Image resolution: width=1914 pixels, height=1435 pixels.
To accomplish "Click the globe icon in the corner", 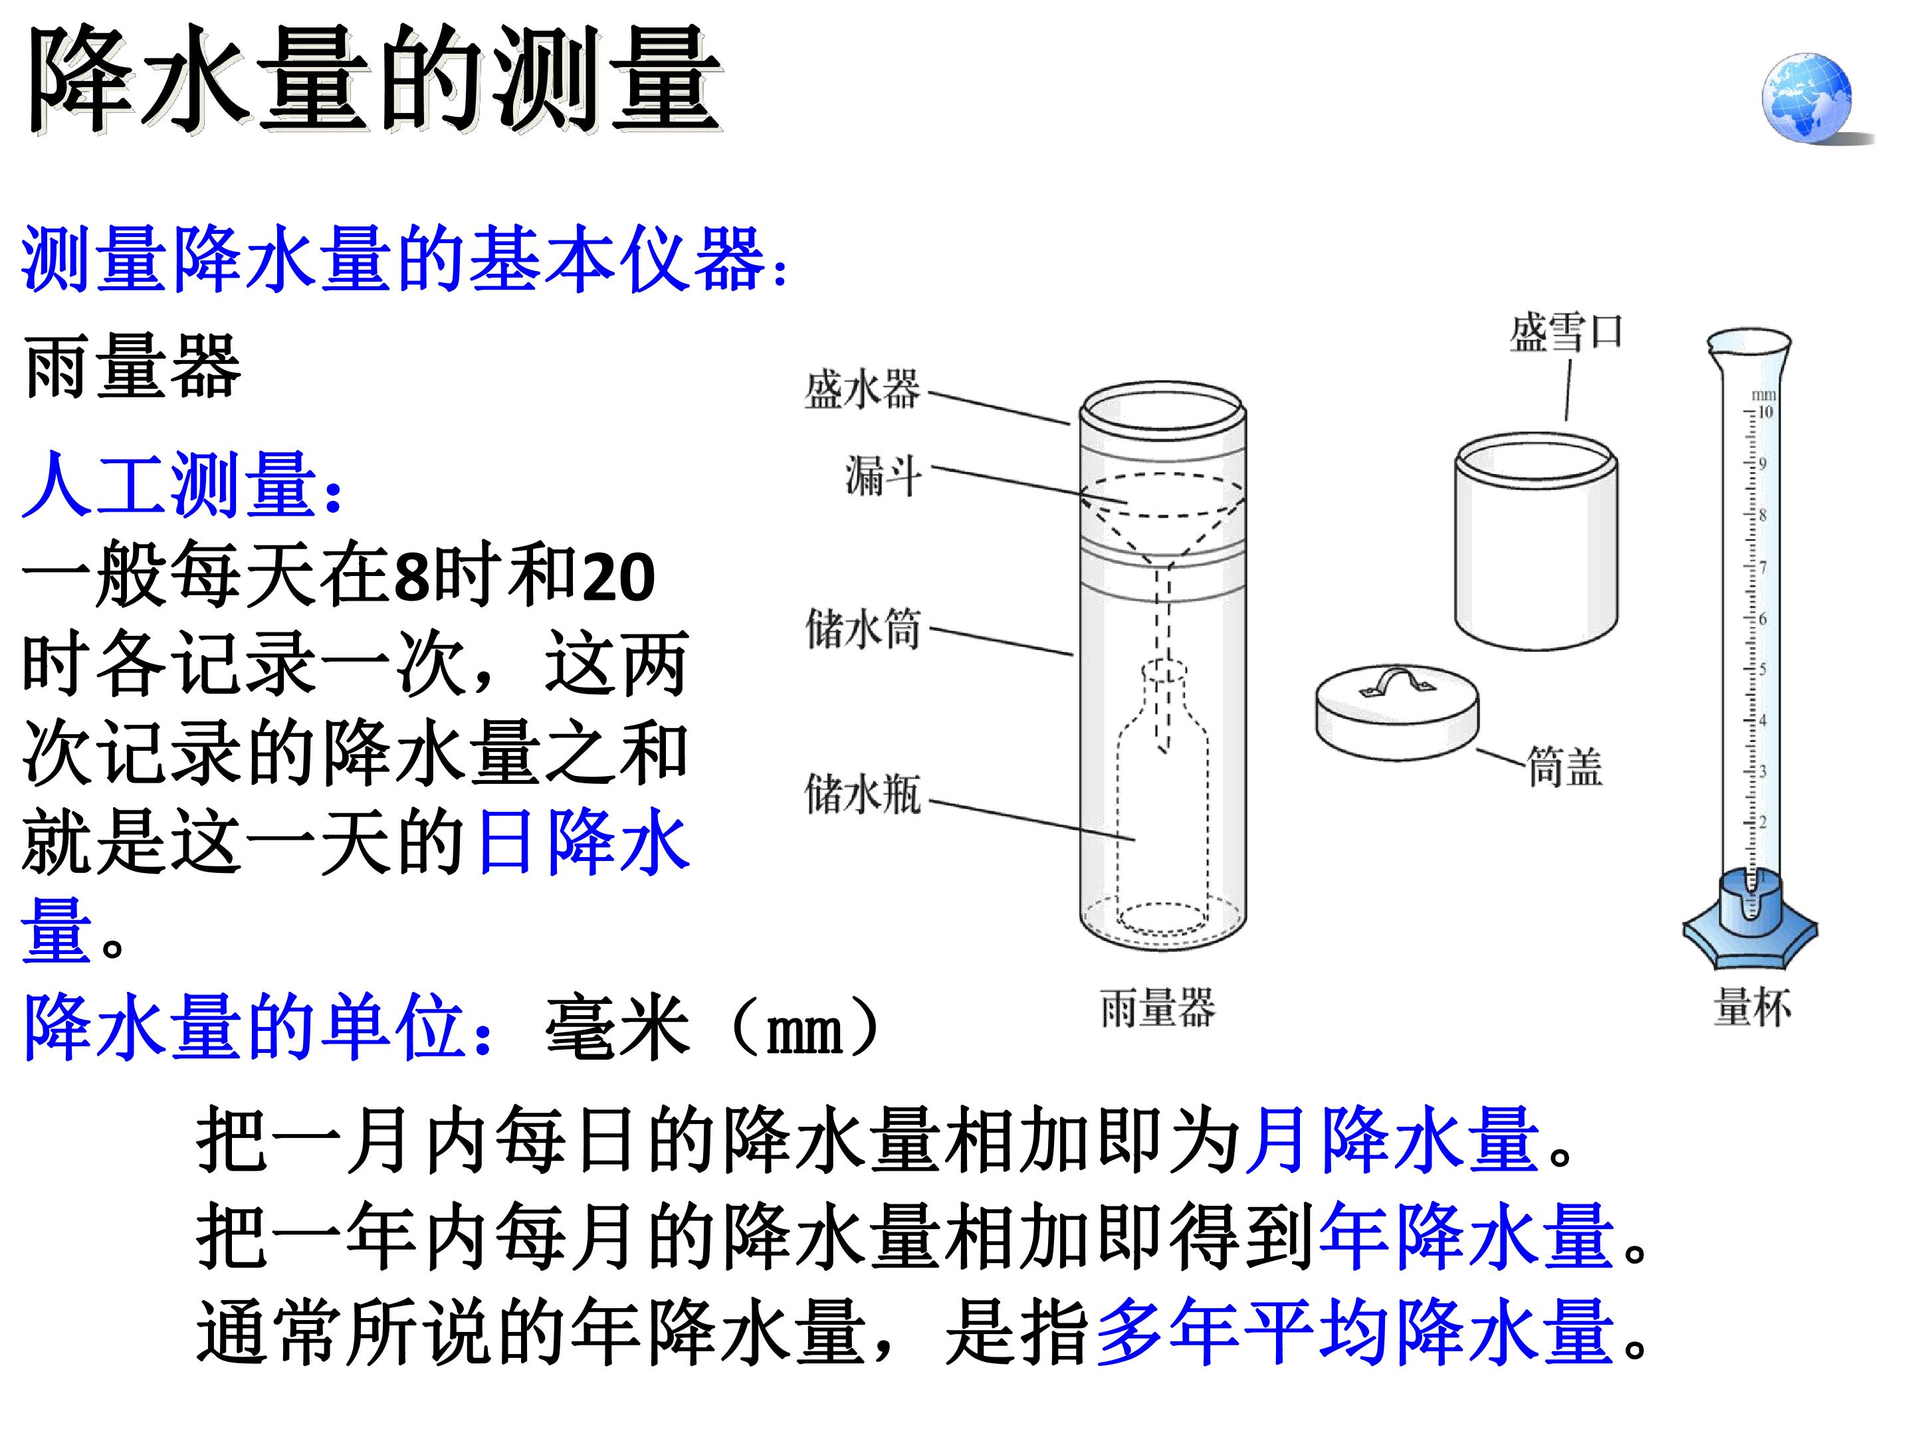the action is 1808,97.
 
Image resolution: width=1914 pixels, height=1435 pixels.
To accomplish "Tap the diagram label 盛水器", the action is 863,390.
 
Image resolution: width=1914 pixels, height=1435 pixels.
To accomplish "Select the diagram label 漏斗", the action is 883,476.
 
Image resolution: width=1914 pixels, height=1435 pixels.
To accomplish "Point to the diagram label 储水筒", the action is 863,629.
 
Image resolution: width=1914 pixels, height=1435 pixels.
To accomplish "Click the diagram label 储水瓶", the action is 863,794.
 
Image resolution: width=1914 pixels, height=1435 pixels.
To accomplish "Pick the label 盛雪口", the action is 1566,333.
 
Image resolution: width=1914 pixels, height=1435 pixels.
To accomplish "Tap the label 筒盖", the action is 1564,767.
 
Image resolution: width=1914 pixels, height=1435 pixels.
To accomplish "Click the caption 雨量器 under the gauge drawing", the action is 1158,1008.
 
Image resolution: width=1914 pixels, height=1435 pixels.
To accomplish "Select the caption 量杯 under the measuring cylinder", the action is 1753,1008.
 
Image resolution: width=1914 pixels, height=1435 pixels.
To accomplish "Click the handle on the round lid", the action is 1396,681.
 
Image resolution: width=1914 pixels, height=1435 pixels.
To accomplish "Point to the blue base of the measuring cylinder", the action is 1750,922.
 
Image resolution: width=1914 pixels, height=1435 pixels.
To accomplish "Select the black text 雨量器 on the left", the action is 132,367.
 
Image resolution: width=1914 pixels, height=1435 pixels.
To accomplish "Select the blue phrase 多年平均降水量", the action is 1355,1332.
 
